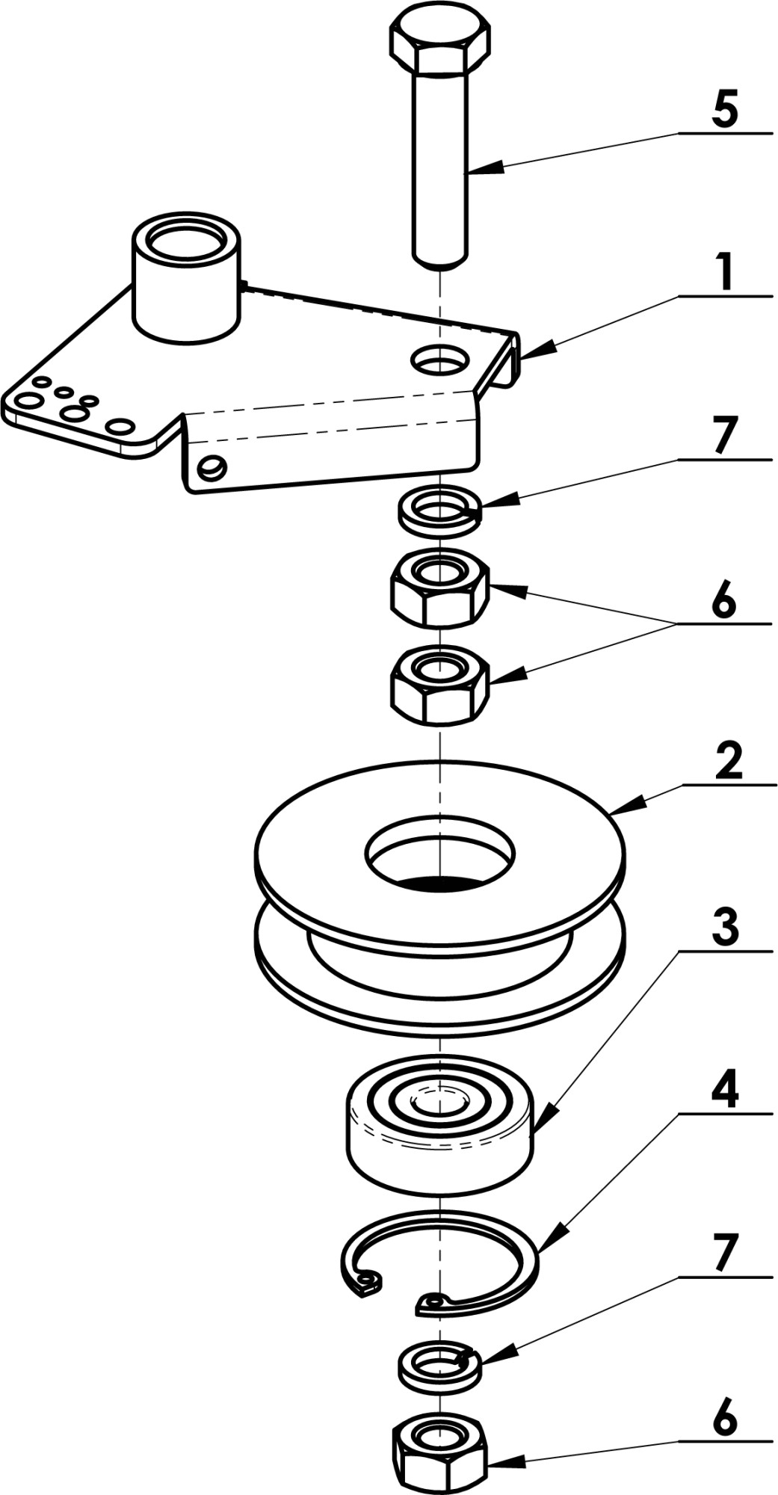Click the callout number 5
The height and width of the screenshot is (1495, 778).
(x=723, y=108)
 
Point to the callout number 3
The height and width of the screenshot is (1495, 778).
(x=723, y=928)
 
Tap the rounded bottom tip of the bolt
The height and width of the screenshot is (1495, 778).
(x=440, y=262)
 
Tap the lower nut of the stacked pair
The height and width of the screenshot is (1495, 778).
(x=440, y=685)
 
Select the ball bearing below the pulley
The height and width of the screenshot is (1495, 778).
(x=440, y=1121)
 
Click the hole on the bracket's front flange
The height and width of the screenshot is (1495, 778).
(x=212, y=467)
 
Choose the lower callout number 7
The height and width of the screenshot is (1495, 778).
(x=723, y=1254)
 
